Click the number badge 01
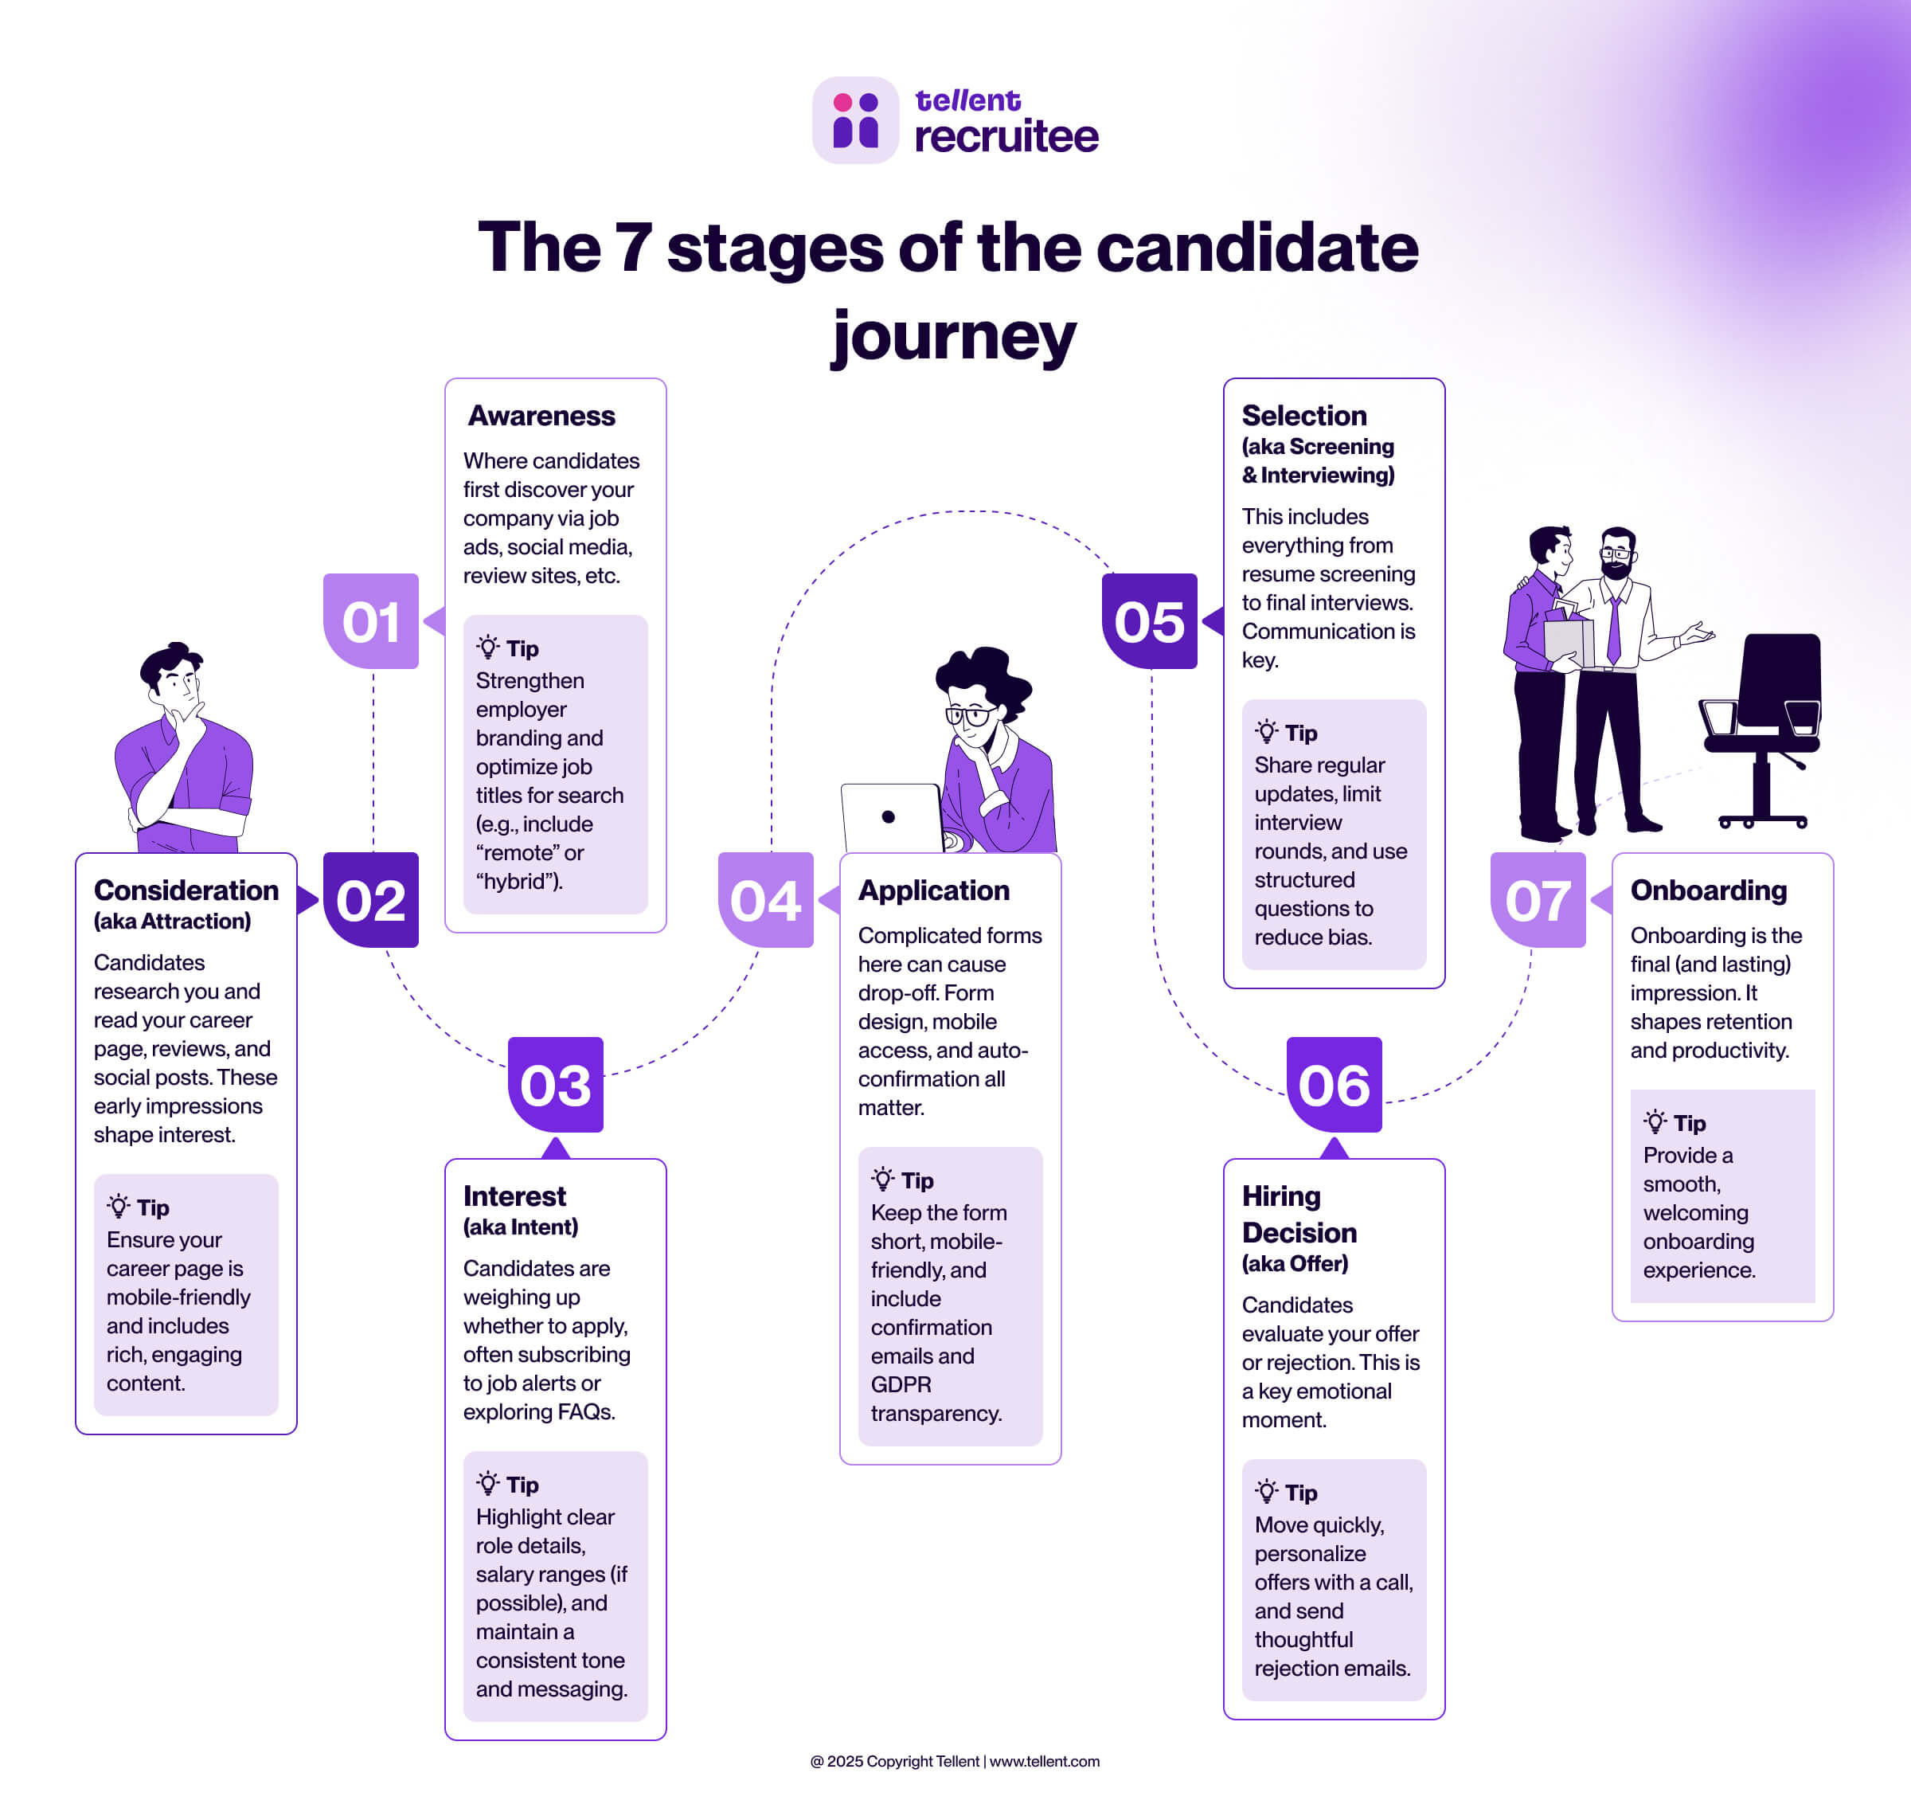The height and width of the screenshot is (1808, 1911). click(371, 620)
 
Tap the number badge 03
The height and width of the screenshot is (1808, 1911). click(555, 1084)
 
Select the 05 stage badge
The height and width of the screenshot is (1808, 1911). click(1149, 620)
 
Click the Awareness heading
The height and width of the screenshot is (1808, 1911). click(541, 416)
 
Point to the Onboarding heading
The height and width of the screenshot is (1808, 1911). click(1708, 890)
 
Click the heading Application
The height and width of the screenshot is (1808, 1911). click(934, 890)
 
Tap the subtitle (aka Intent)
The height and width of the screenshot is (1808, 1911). click(521, 1227)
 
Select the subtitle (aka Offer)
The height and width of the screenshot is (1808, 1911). click(1294, 1263)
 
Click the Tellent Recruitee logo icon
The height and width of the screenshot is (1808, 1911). click(855, 120)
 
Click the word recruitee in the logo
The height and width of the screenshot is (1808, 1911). click(1006, 136)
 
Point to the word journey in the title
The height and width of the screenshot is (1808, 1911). click(954, 338)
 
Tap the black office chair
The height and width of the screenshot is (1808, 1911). click(1764, 723)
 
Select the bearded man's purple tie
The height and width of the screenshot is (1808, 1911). click(1613, 632)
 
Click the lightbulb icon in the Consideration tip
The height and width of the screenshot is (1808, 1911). click(119, 1207)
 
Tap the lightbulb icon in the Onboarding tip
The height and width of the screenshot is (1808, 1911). click(1655, 1121)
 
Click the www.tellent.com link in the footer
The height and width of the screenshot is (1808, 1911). click(1044, 1761)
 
